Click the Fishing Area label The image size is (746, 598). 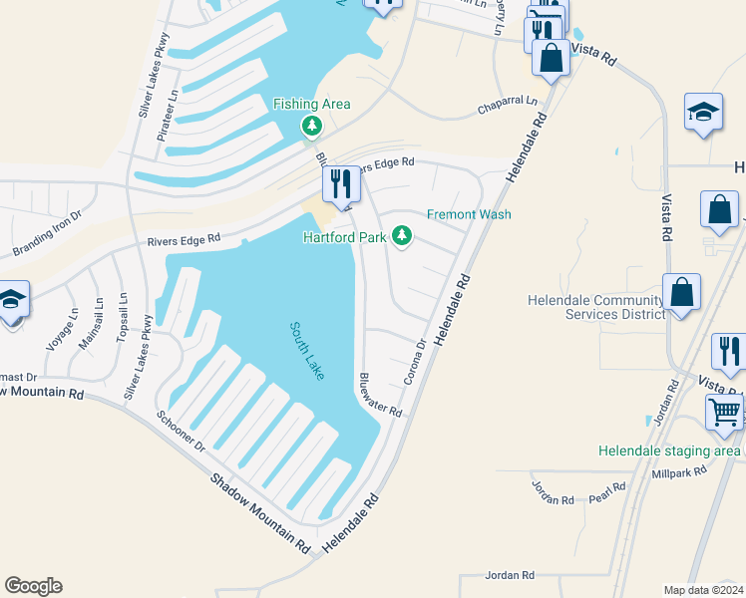point(312,105)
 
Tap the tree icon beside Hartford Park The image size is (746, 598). point(402,236)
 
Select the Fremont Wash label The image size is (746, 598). point(469,214)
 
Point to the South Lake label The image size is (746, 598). point(307,350)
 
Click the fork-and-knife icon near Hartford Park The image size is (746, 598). point(340,182)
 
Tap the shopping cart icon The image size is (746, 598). point(724,410)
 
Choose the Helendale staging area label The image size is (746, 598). point(669,451)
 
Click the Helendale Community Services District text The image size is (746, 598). point(595,307)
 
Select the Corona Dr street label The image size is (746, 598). point(415,363)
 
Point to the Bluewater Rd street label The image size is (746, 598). point(380,396)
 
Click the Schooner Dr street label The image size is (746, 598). point(181,431)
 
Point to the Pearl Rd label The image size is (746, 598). point(606,492)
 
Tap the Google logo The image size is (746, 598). point(33,586)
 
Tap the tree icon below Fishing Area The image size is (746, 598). point(312,126)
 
